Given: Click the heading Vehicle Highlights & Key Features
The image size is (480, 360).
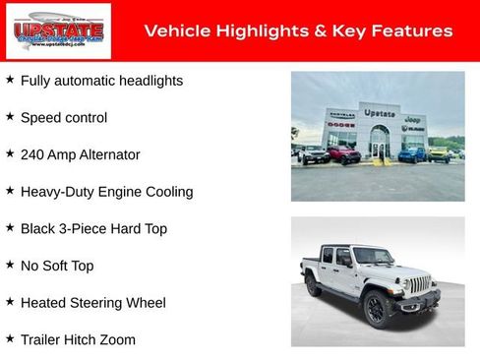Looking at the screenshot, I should pos(298,31).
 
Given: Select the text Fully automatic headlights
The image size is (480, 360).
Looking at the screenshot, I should pos(101,81).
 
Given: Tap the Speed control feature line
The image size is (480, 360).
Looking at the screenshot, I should pos(64,118).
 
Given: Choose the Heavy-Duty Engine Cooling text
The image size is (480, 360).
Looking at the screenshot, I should pos(106,192).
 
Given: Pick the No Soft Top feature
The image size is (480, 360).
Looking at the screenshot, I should pos(57,266).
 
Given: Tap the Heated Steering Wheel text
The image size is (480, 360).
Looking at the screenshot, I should pos(93,303).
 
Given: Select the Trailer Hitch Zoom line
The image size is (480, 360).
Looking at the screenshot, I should pos(78,340).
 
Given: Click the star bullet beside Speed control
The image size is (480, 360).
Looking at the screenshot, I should pos(10,116).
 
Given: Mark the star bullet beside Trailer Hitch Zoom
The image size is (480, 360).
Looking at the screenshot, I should pos(10,338).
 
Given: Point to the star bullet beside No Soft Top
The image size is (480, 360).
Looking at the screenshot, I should pos(10,265).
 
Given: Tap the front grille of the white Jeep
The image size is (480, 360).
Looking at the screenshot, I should pos(420,285).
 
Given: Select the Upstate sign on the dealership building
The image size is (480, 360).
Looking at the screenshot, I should pos(379,114).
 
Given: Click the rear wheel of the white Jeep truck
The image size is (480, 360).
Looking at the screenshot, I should pos(313,285).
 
